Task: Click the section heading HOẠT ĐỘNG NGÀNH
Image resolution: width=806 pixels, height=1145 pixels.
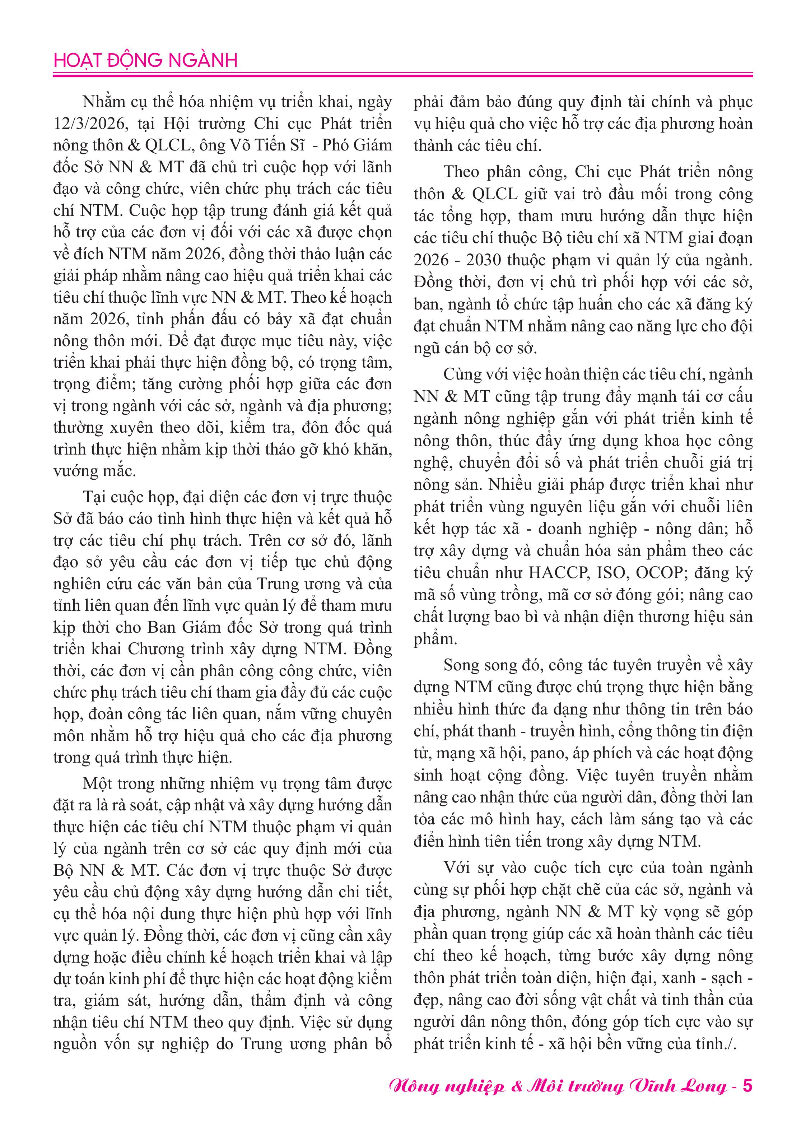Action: [x=145, y=60]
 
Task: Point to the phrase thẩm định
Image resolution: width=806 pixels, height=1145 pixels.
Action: [x=290, y=1000]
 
